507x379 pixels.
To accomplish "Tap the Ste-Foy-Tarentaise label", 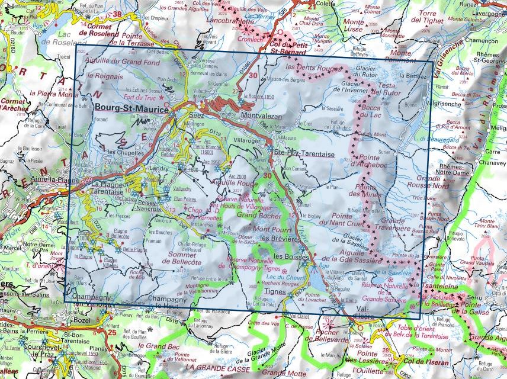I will pos(301,153).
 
